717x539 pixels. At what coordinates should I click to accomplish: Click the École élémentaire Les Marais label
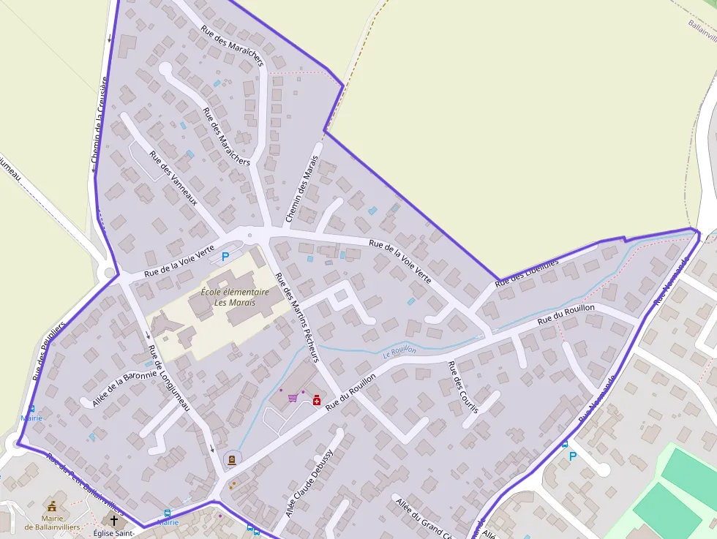click(x=235, y=296)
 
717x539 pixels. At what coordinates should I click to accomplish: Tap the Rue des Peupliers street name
click(x=50, y=351)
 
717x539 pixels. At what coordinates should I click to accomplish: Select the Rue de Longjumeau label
click(x=169, y=377)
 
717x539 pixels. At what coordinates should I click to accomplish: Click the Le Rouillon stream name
click(x=399, y=352)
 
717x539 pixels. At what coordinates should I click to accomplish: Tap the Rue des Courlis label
click(x=462, y=387)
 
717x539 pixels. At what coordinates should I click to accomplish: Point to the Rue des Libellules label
click(x=527, y=272)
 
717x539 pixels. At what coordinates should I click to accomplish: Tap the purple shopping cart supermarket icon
click(x=293, y=398)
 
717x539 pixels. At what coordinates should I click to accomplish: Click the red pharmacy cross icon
click(x=317, y=400)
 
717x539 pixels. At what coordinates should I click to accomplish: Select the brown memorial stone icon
click(x=231, y=459)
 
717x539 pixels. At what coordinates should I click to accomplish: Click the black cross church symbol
click(x=113, y=521)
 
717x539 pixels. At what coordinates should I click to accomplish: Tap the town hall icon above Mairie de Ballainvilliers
click(x=52, y=506)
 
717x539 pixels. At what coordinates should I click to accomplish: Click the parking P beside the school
click(x=225, y=257)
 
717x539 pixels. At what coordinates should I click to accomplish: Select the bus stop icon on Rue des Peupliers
click(x=31, y=409)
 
